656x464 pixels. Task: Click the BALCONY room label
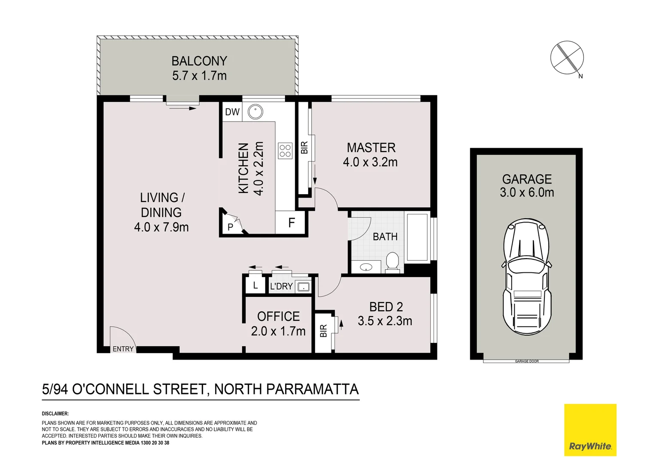tap(199, 61)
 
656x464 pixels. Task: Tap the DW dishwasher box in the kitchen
tap(232, 112)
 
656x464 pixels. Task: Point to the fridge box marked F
tap(292, 223)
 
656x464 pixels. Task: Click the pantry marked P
tap(231, 227)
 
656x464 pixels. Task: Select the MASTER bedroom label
tap(371, 148)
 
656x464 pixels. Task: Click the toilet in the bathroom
tap(392, 263)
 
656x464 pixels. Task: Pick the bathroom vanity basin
tap(366, 267)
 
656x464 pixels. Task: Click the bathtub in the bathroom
tap(417, 236)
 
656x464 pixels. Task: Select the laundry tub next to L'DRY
tap(304, 287)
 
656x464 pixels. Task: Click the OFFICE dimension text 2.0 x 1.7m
tap(278, 331)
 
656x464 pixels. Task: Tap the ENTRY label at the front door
tap(123, 349)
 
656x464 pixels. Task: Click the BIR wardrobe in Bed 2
tap(324, 331)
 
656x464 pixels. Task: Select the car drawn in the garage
tap(527, 277)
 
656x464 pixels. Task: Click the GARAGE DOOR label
tap(527, 361)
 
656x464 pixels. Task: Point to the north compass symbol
tap(567, 58)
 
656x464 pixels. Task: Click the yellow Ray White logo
tap(590, 430)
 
